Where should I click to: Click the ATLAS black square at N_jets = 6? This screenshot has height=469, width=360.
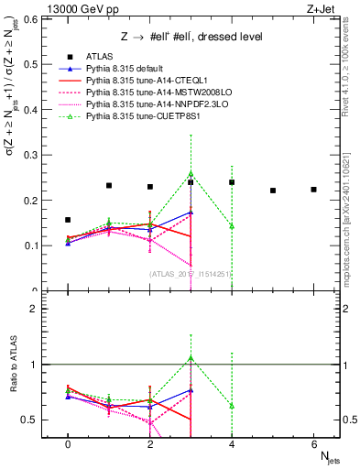coord(313,190)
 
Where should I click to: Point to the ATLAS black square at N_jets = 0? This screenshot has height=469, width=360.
coord(68,220)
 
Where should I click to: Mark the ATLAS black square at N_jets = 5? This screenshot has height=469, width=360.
coord(273,191)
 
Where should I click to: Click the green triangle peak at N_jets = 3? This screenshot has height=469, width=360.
coord(191,172)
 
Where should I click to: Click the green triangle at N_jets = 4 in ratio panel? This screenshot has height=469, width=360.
coord(232,405)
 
